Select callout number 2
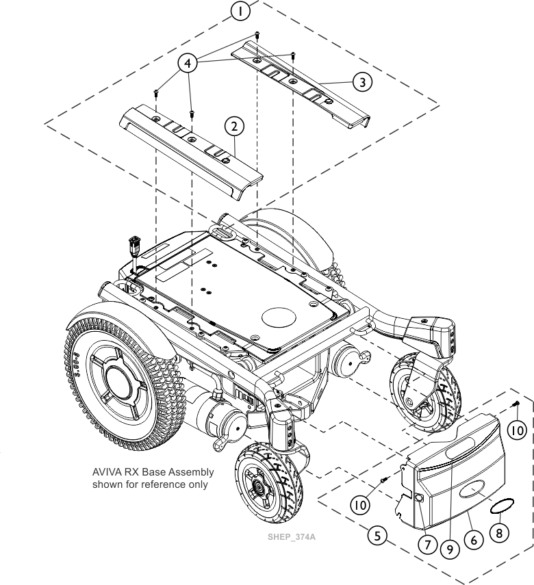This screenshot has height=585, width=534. click(x=234, y=126)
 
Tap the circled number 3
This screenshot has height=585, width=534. click(x=362, y=81)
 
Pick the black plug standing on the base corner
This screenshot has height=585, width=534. click(x=134, y=244)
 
